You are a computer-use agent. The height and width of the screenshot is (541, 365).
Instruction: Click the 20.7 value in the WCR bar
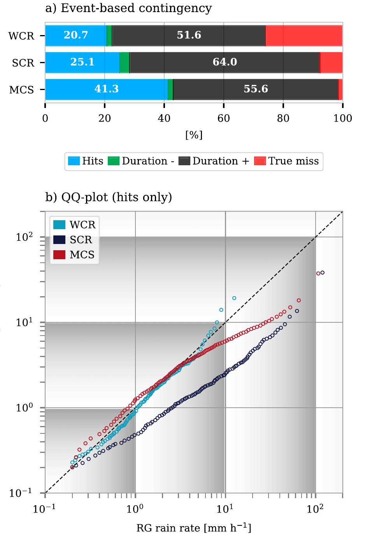[x=76, y=35]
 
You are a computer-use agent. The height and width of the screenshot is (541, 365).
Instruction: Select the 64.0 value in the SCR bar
[x=225, y=62]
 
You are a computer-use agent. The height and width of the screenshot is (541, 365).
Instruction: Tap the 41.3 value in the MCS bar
[x=106, y=89]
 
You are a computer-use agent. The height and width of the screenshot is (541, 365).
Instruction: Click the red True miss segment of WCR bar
[x=304, y=35]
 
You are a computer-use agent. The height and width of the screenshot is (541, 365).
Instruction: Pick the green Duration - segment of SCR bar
[x=125, y=62]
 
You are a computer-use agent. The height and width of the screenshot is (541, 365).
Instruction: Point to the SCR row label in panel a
[x=23, y=63]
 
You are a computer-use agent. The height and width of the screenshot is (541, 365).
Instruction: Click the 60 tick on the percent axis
[x=224, y=118]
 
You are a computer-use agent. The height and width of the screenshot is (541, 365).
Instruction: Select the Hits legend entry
[x=86, y=161]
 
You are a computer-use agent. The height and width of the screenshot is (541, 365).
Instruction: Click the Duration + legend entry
[x=214, y=161]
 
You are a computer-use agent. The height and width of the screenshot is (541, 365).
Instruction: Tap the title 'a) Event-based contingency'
[x=129, y=8]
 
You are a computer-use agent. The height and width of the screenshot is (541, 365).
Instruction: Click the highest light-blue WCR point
[x=234, y=298]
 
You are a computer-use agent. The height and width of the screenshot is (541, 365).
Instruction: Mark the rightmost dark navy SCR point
[x=322, y=273]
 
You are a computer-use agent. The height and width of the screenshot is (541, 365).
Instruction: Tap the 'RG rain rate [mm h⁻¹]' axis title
[x=194, y=528]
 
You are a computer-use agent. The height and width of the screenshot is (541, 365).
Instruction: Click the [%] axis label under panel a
[x=194, y=135]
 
